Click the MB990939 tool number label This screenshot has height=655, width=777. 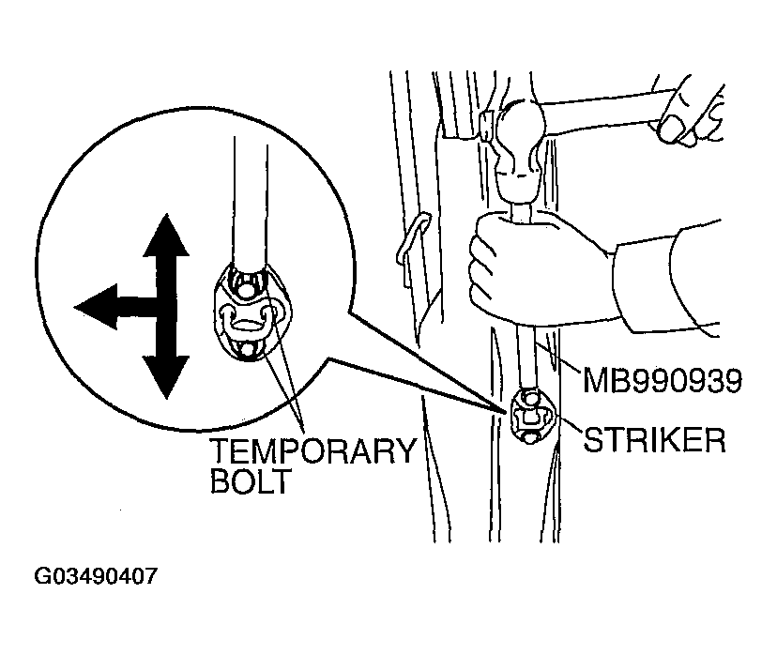(x=662, y=380)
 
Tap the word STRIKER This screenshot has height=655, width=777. (x=654, y=439)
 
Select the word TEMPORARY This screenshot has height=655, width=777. (x=312, y=450)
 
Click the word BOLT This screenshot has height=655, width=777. (x=250, y=480)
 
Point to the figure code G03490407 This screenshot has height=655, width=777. (x=96, y=576)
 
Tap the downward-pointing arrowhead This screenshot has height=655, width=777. (x=165, y=376)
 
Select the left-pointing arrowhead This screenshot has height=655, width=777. (x=96, y=307)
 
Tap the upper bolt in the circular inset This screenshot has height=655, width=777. (x=244, y=286)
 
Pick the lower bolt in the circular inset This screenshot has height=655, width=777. (x=246, y=351)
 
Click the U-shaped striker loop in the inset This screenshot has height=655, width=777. (x=246, y=320)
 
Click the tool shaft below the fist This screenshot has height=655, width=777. (x=526, y=357)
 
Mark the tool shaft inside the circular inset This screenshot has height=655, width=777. (x=251, y=203)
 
